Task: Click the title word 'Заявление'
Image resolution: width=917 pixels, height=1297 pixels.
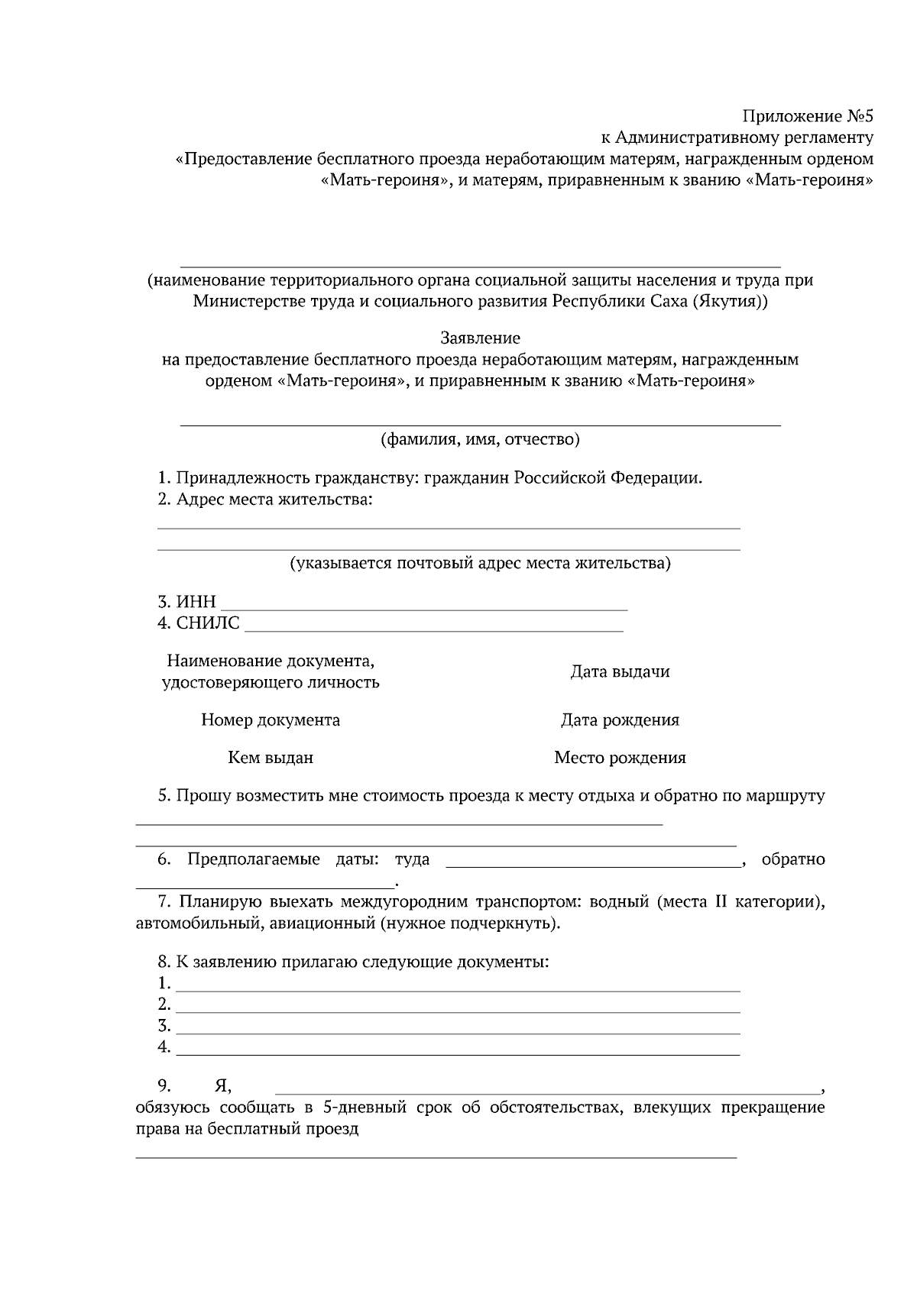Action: (x=480, y=338)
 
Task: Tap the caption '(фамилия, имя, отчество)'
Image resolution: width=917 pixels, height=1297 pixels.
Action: (x=480, y=440)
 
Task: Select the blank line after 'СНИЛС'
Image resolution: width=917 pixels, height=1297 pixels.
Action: (x=433, y=628)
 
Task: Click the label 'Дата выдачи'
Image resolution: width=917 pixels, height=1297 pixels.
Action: (x=620, y=672)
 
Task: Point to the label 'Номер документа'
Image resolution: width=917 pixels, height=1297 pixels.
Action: (x=271, y=720)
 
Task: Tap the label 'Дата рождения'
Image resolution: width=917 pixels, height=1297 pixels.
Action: (x=620, y=720)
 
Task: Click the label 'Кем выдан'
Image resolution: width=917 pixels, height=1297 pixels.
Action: (x=271, y=758)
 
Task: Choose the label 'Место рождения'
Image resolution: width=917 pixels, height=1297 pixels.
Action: (x=620, y=758)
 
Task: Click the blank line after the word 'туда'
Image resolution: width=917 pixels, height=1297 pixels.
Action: (x=593, y=864)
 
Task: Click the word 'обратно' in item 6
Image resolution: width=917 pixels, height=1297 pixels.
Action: (x=793, y=860)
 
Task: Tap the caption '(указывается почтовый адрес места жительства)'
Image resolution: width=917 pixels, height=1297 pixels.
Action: (x=480, y=564)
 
